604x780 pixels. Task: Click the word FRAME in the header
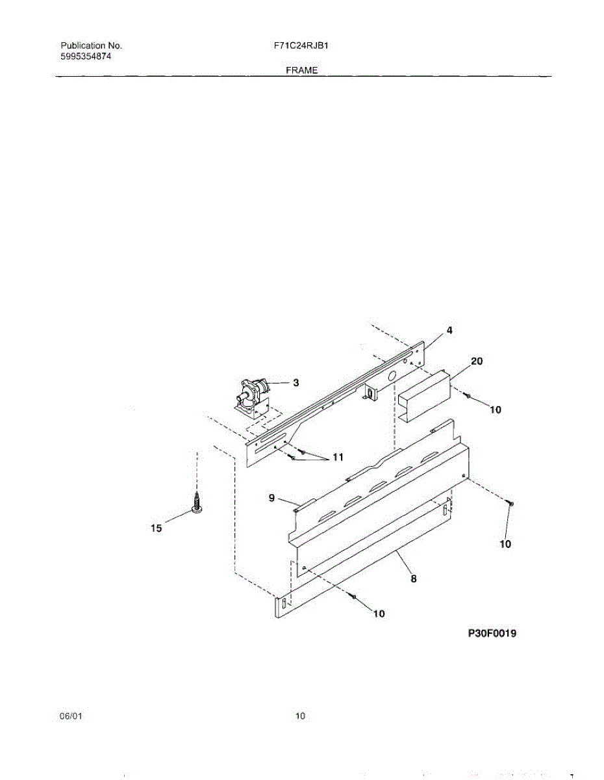[301, 70]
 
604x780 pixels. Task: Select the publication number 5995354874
[86, 56]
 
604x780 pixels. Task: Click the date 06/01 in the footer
[71, 716]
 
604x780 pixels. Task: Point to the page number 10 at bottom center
[300, 716]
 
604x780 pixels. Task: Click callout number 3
[296, 383]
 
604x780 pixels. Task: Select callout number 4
[449, 330]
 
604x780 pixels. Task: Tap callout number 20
[476, 360]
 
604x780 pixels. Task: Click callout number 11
[337, 457]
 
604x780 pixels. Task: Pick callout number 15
[156, 528]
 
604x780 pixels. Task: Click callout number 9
[272, 499]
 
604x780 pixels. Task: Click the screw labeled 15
[195, 504]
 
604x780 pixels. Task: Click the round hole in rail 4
[392, 376]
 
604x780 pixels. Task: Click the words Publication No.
[92, 46]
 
